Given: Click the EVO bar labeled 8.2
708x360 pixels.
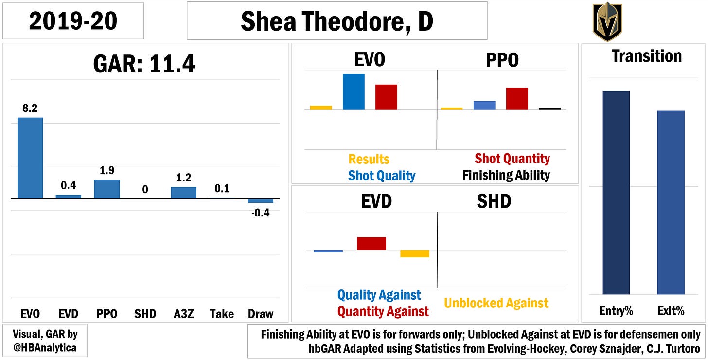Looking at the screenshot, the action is [x=30, y=158].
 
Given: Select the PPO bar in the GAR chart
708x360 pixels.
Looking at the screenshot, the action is [x=107, y=189].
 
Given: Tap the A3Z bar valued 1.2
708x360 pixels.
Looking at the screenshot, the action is [x=184, y=193].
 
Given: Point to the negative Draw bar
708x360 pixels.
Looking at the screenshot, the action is [x=261, y=201].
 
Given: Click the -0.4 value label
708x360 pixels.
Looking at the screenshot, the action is [x=261, y=213].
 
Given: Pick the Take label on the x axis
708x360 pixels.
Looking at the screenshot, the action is [x=222, y=314].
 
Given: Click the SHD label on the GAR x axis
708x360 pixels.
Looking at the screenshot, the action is [x=145, y=314].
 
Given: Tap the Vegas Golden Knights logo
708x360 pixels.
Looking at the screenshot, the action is [x=607, y=21].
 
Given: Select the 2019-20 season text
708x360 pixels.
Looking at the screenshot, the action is [x=73, y=21].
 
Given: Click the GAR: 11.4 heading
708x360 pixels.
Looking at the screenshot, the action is [x=144, y=64].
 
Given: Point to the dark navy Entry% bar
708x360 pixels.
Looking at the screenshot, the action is [x=616, y=193].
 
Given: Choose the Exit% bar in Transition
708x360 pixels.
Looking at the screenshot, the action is [x=671, y=202].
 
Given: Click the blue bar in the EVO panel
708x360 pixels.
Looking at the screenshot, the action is [x=354, y=92].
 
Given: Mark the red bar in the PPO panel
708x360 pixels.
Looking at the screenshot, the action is [x=517, y=99].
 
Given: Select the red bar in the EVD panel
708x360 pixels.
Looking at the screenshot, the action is [x=372, y=244].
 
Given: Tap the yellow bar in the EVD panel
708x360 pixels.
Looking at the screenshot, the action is [x=415, y=254].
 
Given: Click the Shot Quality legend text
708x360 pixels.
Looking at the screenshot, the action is [x=382, y=176].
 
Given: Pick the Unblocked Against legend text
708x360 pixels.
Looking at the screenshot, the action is [x=496, y=303].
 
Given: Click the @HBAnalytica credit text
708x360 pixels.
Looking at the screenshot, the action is [x=45, y=348].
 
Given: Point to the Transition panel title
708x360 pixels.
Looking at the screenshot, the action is [x=647, y=56].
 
